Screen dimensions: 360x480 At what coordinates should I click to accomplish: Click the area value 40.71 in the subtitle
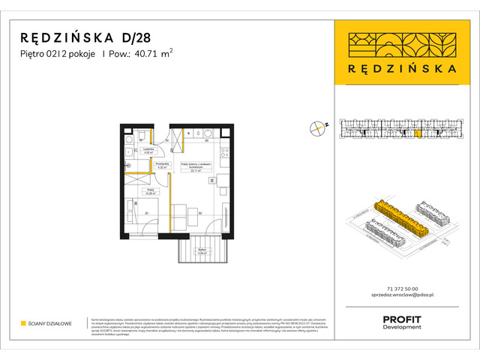tap(129, 52)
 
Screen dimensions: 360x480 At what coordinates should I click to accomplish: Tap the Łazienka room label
tap(138, 151)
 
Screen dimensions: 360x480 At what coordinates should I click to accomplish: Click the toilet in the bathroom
tap(130, 139)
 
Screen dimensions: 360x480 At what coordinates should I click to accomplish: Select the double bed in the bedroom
tap(141, 213)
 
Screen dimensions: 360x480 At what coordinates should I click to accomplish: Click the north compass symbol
tap(319, 128)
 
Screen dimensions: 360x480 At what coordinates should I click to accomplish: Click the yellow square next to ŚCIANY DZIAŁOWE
tap(25, 324)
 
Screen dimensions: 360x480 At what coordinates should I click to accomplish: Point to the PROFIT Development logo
tap(401, 322)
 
